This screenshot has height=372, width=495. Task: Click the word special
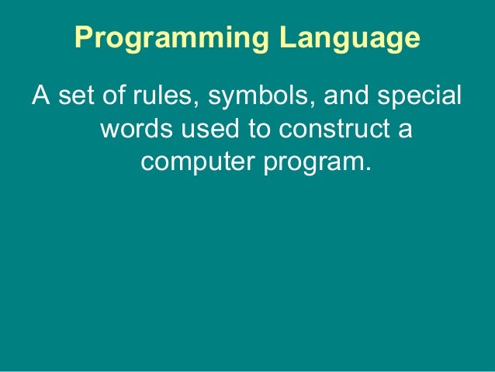click(x=420, y=99)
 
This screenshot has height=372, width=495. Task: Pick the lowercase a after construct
click(x=404, y=130)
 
